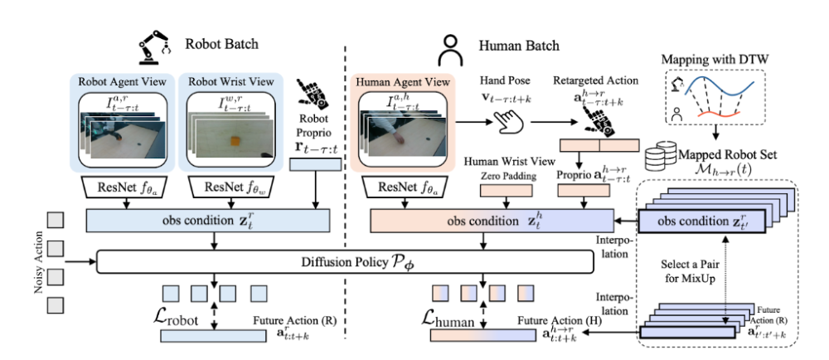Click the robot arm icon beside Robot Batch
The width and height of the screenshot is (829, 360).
[x=155, y=46]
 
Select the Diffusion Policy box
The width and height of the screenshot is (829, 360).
[x=347, y=262]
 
